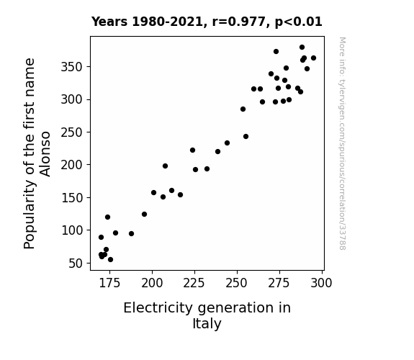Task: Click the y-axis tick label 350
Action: (x=72, y=67)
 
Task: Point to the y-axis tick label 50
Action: (x=76, y=264)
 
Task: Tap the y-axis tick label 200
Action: (x=72, y=165)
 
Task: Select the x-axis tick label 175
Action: (x=109, y=284)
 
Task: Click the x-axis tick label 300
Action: (x=321, y=284)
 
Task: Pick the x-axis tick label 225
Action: (x=194, y=284)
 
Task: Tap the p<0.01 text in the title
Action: (x=299, y=22)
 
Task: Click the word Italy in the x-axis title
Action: (x=207, y=324)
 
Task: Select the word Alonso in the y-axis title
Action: (x=45, y=154)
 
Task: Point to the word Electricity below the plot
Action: (x=158, y=308)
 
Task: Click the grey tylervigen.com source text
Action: (x=342, y=143)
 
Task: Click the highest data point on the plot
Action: (x=302, y=48)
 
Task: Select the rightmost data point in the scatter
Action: (x=313, y=58)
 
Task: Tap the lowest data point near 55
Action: (x=110, y=260)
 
